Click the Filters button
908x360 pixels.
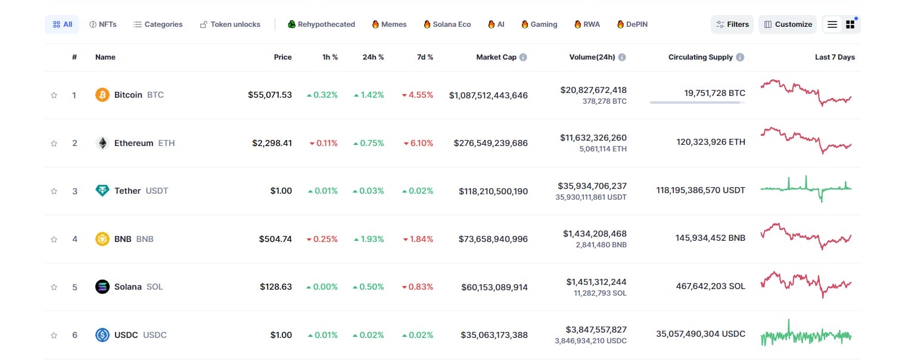click(732, 24)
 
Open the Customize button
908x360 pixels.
click(788, 24)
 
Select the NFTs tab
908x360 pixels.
click(103, 24)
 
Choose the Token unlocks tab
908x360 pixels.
click(230, 24)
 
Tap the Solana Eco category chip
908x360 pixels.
click(447, 24)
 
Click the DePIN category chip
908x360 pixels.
click(632, 24)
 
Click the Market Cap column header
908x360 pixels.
click(496, 57)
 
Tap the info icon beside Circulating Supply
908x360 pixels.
click(740, 57)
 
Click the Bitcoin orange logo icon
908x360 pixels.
click(102, 95)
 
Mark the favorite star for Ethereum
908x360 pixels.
click(54, 143)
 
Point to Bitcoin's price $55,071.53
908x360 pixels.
click(270, 95)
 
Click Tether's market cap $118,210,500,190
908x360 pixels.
click(493, 191)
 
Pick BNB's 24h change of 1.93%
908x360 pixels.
click(369, 239)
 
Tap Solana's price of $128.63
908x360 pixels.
click(276, 287)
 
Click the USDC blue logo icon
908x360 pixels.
click(102, 335)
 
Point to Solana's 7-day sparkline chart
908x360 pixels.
click(806, 284)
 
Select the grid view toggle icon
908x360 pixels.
click(850, 24)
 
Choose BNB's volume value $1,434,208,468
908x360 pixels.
click(595, 234)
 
